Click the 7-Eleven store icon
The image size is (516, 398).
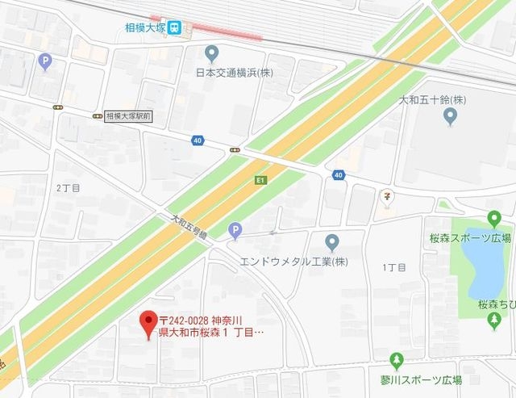coord(388,195)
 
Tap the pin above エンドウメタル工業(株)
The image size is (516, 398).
coord(331,241)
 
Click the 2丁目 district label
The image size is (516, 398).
coord(69,187)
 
